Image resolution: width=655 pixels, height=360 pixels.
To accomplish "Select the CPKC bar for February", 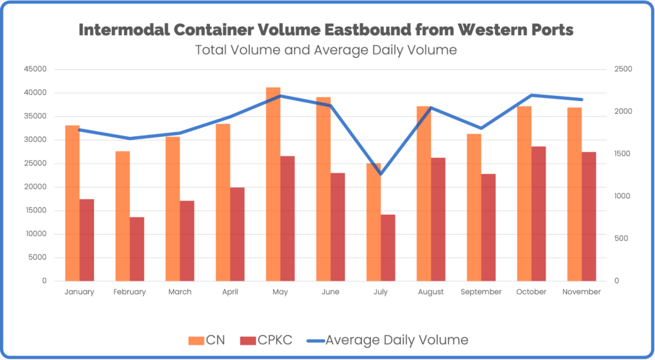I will click(137, 249).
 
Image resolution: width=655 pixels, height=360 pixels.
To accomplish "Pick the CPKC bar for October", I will click(539, 214).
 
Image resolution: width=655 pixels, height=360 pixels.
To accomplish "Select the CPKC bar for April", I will click(237, 234).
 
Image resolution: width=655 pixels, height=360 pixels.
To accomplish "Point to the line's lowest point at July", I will click(381, 174).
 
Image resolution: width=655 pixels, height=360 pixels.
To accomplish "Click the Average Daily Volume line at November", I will click(582, 100).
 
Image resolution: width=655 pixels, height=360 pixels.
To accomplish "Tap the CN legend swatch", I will click(195, 340).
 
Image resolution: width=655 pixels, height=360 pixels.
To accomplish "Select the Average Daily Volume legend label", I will click(397, 340).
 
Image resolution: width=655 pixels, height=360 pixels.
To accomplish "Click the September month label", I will click(481, 292).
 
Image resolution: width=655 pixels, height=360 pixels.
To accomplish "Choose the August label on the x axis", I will click(430, 292).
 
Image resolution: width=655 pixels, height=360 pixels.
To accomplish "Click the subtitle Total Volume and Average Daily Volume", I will click(326, 50).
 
